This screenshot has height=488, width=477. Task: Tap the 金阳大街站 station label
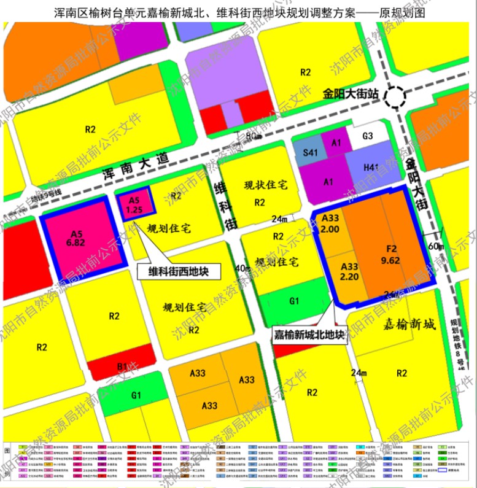point(352,95)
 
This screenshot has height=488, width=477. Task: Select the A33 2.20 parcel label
point(348,271)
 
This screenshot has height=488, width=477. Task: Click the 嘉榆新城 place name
point(408,324)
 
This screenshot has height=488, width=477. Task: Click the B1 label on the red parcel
point(122,367)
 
